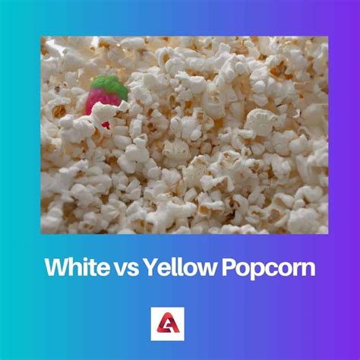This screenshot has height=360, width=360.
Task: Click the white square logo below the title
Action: coord(180,320)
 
